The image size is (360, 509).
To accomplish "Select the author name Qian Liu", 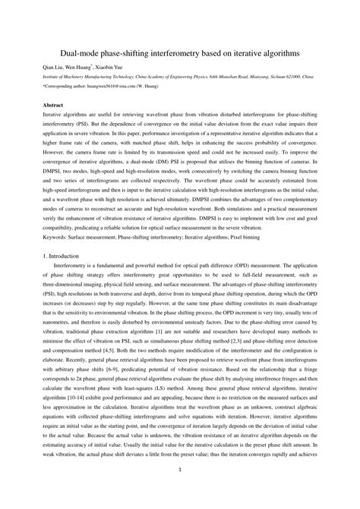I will tap(52, 67).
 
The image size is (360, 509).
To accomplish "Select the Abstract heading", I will tap(53, 103).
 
